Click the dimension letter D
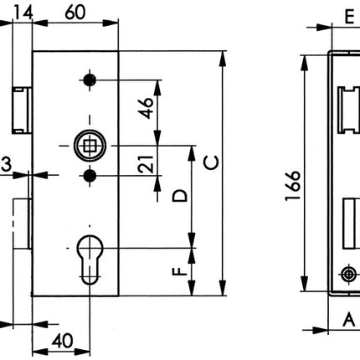tap(179, 198)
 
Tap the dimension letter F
tap(178, 272)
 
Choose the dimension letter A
tap(347, 318)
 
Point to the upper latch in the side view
tap(347, 108)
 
